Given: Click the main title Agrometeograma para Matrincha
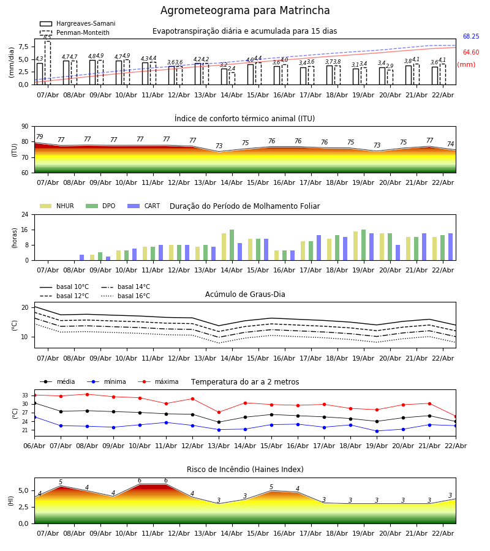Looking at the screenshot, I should coord(245,11).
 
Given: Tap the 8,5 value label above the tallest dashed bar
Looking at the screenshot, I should coord(47,37).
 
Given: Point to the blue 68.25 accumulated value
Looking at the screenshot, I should coord(471,37).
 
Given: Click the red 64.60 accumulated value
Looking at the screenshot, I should coord(471,53).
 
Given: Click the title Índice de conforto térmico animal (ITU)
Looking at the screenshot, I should coord(244,119).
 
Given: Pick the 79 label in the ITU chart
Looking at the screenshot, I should coord(40,137).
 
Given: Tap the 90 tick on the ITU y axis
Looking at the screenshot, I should coord(24,127).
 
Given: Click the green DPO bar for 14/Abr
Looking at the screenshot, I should coord(232,245).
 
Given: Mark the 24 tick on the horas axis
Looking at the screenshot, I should coord(24,215).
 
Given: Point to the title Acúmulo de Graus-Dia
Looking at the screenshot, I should coord(245,294).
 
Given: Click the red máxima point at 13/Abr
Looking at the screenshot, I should coord(219,412).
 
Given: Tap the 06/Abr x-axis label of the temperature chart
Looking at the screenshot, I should coord(34,445).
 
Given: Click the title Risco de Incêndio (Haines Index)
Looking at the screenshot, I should coord(245,470).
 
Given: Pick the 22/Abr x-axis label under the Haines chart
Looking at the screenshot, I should coord(443,533).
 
